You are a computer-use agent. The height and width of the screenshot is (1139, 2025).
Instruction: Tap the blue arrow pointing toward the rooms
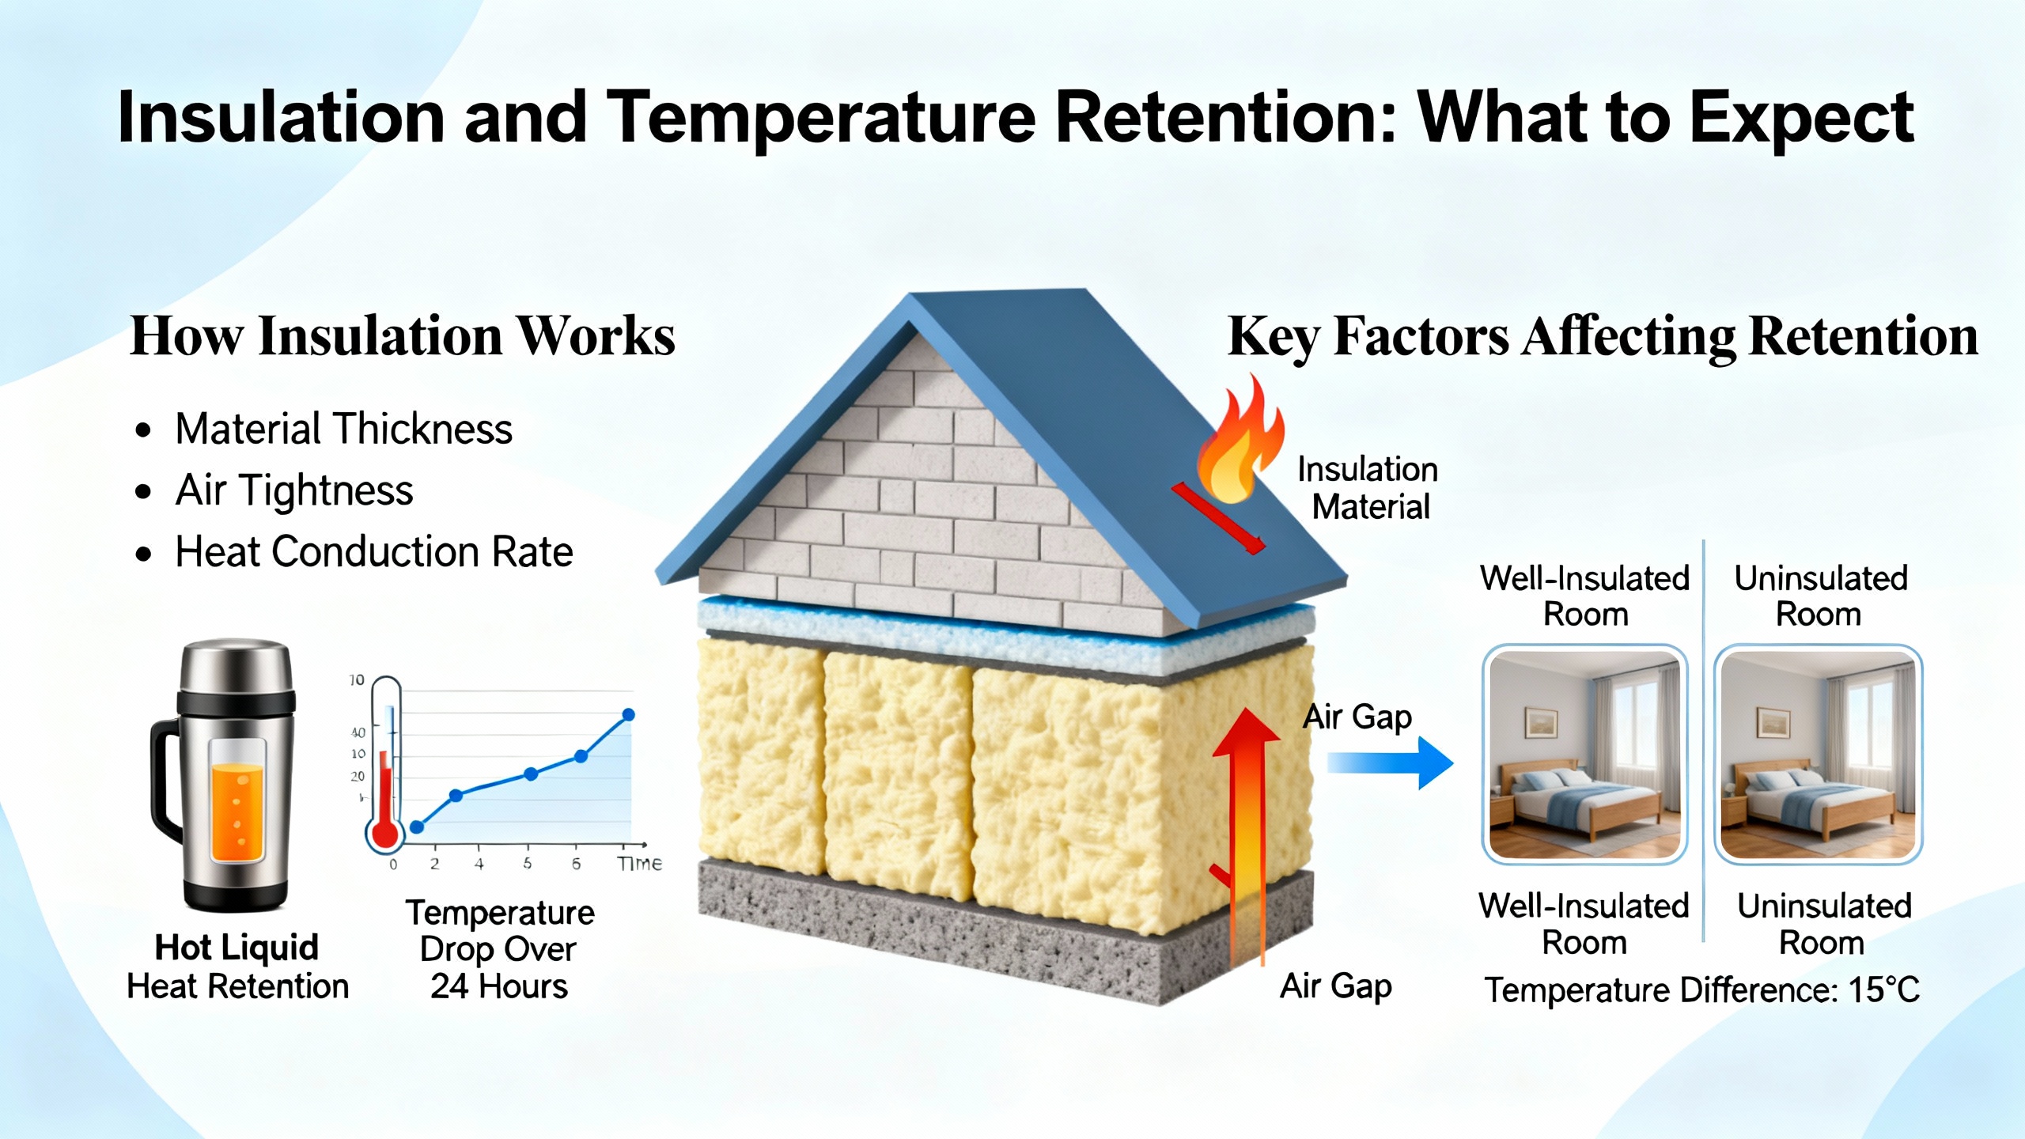coord(1390,763)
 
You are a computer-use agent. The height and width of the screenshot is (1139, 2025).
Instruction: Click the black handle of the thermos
coord(164,779)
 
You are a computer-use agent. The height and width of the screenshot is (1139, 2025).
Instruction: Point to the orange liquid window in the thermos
coord(237,801)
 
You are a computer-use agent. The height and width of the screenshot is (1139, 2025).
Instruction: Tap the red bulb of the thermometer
coord(385,833)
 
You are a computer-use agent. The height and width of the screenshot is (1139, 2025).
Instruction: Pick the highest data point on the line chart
coord(629,715)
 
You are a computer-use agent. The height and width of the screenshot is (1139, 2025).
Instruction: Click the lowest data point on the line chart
coord(417,827)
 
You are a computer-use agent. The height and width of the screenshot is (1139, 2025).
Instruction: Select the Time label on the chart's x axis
coord(639,864)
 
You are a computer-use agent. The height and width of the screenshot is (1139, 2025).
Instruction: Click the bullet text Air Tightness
coord(294,490)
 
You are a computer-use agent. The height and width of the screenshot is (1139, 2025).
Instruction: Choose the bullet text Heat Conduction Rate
coord(374,551)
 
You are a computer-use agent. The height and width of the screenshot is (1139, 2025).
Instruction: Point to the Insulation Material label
coord(1368,488)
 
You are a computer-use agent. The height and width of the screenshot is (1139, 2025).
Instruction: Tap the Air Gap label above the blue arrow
coord(1357,717)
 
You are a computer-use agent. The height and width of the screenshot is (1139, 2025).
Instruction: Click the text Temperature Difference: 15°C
coord(1702,990)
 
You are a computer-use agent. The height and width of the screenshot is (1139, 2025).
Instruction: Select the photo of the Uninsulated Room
coord(1819,755)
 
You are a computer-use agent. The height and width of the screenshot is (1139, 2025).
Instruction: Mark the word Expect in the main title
coord(1801,118)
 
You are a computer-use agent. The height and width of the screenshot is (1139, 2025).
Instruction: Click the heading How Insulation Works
coord(403,336)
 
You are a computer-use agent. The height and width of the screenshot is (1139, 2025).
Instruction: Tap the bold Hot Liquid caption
coord(237,947)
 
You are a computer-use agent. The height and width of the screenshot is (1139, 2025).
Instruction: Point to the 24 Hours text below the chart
coord(499,986)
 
